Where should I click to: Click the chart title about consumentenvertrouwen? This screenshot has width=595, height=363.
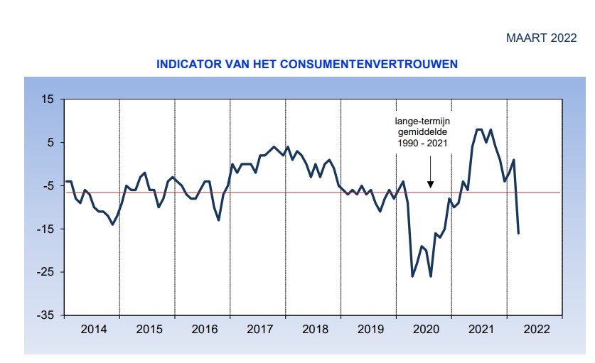point(306,64)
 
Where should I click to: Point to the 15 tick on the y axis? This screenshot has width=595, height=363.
point(47,99)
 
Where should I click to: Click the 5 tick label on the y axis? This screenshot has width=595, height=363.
point(50,143)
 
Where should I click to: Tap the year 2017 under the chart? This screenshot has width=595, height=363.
point(259,329)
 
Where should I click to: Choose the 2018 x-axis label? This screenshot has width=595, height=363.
point(314,329)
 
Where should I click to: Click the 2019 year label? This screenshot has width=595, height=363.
point(370,329)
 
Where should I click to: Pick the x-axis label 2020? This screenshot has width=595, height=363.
point(425,329)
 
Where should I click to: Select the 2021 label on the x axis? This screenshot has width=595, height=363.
point(481,329)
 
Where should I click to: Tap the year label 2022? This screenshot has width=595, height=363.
point(535,329)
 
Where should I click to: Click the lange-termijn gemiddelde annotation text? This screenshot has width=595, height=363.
point(423,133)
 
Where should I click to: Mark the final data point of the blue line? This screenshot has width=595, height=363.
point(518,233)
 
